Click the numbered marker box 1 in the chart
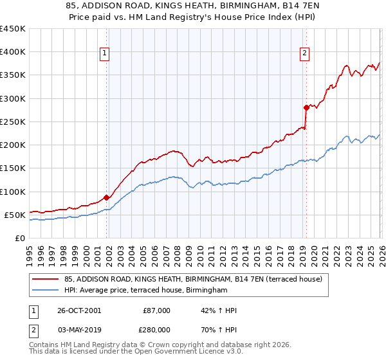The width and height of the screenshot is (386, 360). click(x=104, y=54)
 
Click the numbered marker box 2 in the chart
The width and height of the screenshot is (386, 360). click(x=304, y=54)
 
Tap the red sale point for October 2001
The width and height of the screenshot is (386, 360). click(x=107, y=197)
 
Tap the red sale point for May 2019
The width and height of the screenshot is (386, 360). click(x=306, y=107)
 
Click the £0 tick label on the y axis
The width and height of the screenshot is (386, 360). click(x=20, y=239)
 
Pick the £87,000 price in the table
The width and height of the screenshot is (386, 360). click(x=156, y=310)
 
